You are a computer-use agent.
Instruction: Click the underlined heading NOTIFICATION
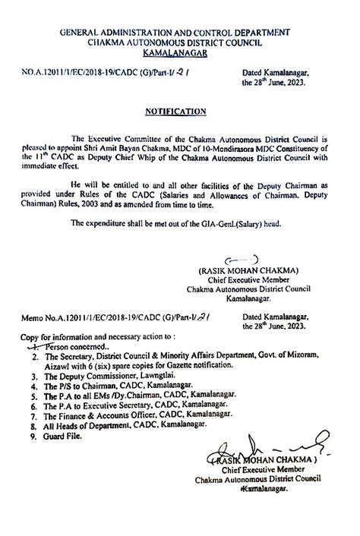(x=175, y=111)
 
